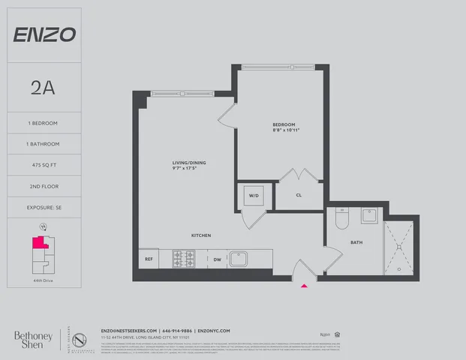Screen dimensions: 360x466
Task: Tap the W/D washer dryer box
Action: point(251,196)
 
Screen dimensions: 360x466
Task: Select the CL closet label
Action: point(298,196)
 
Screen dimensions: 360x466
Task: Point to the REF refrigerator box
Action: point(149,259)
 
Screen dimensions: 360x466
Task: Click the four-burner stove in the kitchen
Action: point(184,259)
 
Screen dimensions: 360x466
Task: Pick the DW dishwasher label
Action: point(217,259)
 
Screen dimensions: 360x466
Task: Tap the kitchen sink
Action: point(239,259)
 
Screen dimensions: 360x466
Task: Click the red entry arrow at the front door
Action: point(304,285)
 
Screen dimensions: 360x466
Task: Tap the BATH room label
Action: point(356,242)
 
